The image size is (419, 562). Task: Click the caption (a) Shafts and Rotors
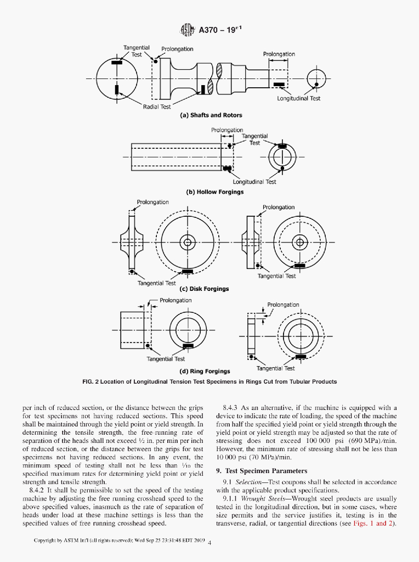click(211, 115)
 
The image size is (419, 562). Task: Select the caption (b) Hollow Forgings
click(215, 192)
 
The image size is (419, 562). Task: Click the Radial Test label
click(157, 106)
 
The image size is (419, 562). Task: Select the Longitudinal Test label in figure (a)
click(298, 99)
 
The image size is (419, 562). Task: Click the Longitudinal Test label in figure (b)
click(254, 182)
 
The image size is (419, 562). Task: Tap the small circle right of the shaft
click(316, 76)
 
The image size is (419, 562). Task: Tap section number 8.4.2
click(38, 489)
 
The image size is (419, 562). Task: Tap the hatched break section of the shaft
click(219, 72)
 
